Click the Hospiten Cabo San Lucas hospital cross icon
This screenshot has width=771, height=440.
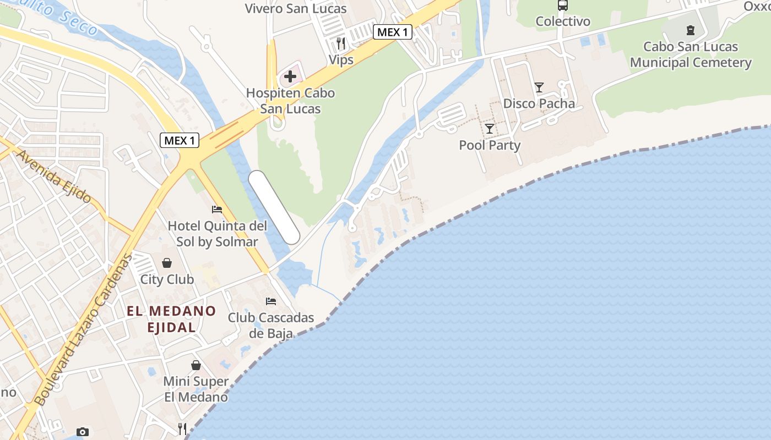[x=290, y=76]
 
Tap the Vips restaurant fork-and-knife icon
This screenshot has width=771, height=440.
[x=341, y=43]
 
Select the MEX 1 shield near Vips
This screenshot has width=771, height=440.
[x=393, y=32]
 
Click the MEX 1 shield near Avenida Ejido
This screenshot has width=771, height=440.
[x=180, y=140]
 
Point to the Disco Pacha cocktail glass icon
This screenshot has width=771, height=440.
[x=539, y=87]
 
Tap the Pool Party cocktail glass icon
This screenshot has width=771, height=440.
[x=489, y=129]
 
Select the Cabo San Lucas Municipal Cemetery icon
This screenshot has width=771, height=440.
[x=690, y=30]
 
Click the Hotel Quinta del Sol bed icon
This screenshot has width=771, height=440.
[x=217, y=210]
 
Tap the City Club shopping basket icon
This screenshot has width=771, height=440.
[x=166, y=263]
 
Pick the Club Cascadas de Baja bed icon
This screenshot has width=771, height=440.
[x=270, y=301]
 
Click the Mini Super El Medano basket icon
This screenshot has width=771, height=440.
[x=196, y=365]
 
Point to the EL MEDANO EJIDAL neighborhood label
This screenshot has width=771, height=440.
[x=171, y=319]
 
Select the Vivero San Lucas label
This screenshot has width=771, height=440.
[x=296, y=8]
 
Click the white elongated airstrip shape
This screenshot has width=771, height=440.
[x=274, y=207]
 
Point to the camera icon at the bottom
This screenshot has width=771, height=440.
[x=82, y=432]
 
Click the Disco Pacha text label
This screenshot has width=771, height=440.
[x=539, y=103]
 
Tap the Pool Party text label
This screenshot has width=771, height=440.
[x=490, y=145]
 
